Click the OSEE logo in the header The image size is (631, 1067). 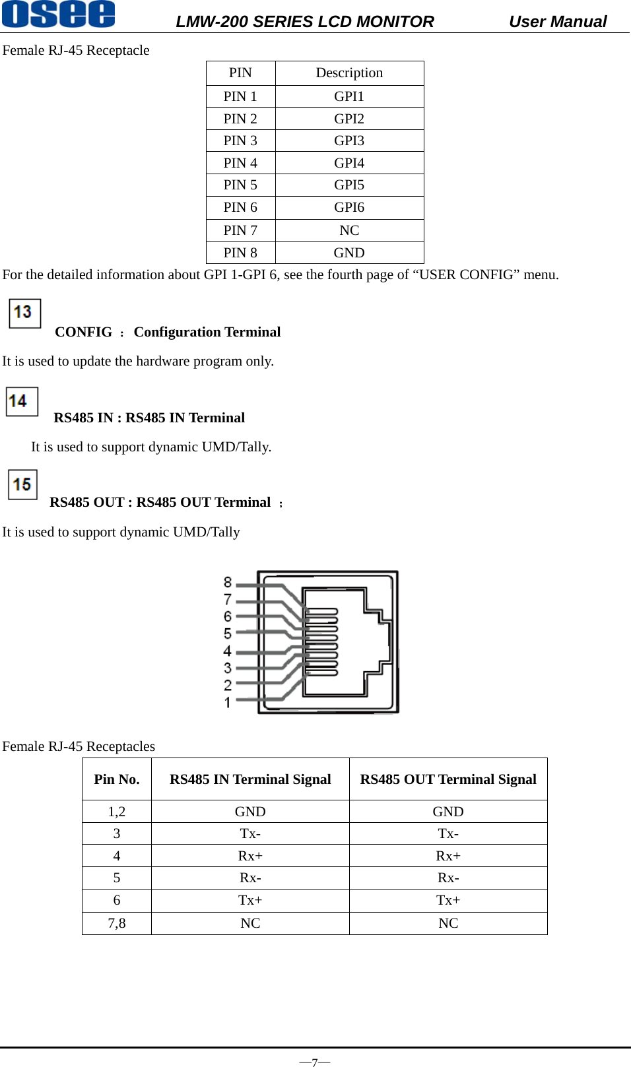(x=58, y=14)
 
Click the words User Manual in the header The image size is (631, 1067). (x=557, y=22)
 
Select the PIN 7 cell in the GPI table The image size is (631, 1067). (x=240, y=230)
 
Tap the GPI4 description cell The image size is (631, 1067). (x=349, y=163)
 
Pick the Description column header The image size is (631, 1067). (x=349, y=73)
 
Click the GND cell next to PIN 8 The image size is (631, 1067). (x=349, y=253)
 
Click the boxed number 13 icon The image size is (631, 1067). (x=24, y=313)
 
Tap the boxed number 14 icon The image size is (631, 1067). (x=22, y=401)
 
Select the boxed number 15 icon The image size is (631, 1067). (x=22, y=484)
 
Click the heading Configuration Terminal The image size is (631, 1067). (x=207, y=332)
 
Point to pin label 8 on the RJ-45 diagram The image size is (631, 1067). (x=228, y=582)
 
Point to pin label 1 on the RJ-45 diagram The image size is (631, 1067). (x=228, y=702)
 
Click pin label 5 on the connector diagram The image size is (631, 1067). (x=228, y=633)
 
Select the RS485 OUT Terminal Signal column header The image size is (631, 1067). (x=448, y=779)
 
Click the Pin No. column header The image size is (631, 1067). (x=117, y=779)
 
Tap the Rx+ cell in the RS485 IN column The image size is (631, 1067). (x=250, y=856)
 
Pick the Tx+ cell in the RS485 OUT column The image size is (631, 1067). (x=448, y=900)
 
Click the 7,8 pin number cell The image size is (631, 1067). (x=117, y=923)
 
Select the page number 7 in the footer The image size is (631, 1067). (x=315, y=1062)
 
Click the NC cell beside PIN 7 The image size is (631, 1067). (x=349, y=230)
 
